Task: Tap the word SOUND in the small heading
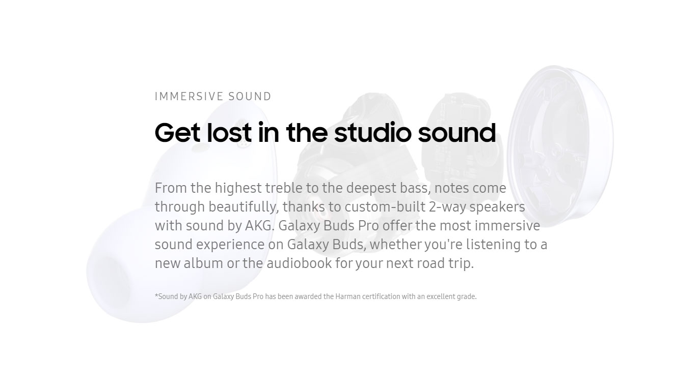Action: pos(250,97)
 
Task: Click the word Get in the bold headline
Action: pos(177,133)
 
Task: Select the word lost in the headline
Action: pos(229,132)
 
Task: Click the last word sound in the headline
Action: pos(457,132)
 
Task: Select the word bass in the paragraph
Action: pos(415,188)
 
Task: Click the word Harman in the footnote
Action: pos(348,296)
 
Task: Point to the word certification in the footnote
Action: pos(381,296)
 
